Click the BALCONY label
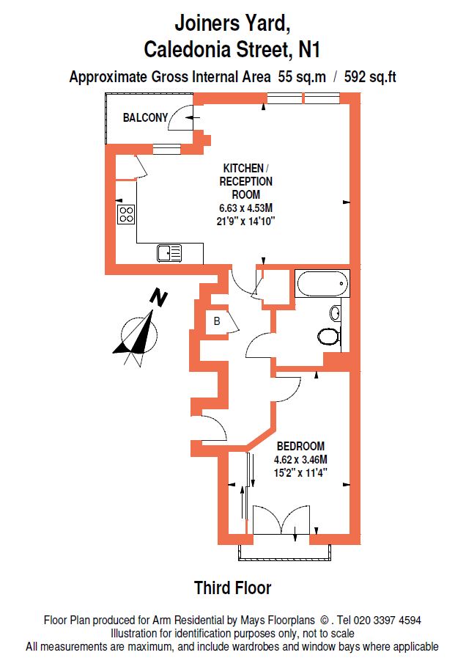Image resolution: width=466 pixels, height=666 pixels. point(145,117)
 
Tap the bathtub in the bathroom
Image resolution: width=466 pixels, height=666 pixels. point(322,283)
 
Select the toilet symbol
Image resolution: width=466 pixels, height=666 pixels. point(329,336)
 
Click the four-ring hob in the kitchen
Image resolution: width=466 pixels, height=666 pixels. point(126,214)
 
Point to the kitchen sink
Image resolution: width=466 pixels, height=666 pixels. point(169,253)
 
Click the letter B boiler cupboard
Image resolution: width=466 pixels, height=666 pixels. point(217,321)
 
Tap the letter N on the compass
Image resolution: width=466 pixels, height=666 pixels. point(159,298)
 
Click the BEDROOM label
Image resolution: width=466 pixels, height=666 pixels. point(300,446)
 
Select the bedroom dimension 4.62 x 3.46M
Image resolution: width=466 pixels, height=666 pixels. point(300,460)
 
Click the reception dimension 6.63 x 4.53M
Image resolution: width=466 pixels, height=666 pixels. point(245,208)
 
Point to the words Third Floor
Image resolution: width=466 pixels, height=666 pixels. point(232,588)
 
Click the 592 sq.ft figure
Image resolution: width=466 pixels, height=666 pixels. point(370,77)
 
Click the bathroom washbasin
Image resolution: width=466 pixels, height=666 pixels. point(336,313)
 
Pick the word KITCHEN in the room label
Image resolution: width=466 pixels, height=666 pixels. point(243,168)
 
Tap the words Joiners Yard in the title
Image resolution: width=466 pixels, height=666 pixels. point(232,23)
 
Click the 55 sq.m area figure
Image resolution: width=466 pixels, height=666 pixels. point(302,77)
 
